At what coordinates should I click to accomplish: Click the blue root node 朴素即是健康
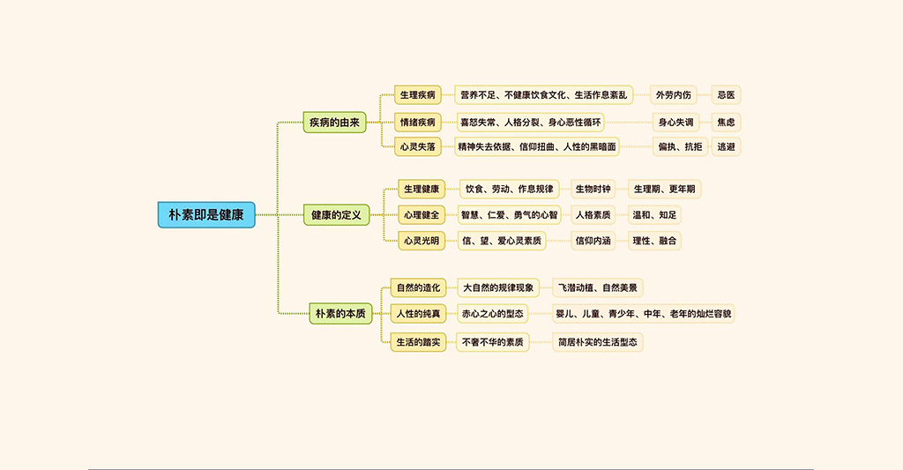click(206, 214)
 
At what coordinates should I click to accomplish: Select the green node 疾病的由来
click(334, 122)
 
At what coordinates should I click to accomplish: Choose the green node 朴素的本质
click(340, 313)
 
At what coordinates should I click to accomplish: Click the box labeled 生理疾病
click(418, 94)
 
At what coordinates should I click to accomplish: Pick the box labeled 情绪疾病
click(418, 123)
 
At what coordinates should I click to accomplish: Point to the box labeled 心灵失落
click(418, 146)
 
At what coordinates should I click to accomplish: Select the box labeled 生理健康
click(422, 189)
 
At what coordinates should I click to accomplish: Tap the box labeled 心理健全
click(422, 214)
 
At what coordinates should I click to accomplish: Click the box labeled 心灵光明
click(422, 240)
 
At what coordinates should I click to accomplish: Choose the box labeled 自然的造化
click(418, 287)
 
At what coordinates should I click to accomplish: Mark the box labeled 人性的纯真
click(418, 313)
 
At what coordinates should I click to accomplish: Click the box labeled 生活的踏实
click(418, 341)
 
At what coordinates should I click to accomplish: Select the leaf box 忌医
click(726, 94)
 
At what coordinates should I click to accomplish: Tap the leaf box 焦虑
click(726, 123)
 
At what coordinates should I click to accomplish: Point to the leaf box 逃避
click(726, 146)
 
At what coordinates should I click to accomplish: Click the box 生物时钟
click(593, 189)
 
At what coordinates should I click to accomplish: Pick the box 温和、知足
click(654, 214)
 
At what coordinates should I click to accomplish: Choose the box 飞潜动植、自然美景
click(598, 287)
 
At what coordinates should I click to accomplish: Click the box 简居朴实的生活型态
click(598, 341)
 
